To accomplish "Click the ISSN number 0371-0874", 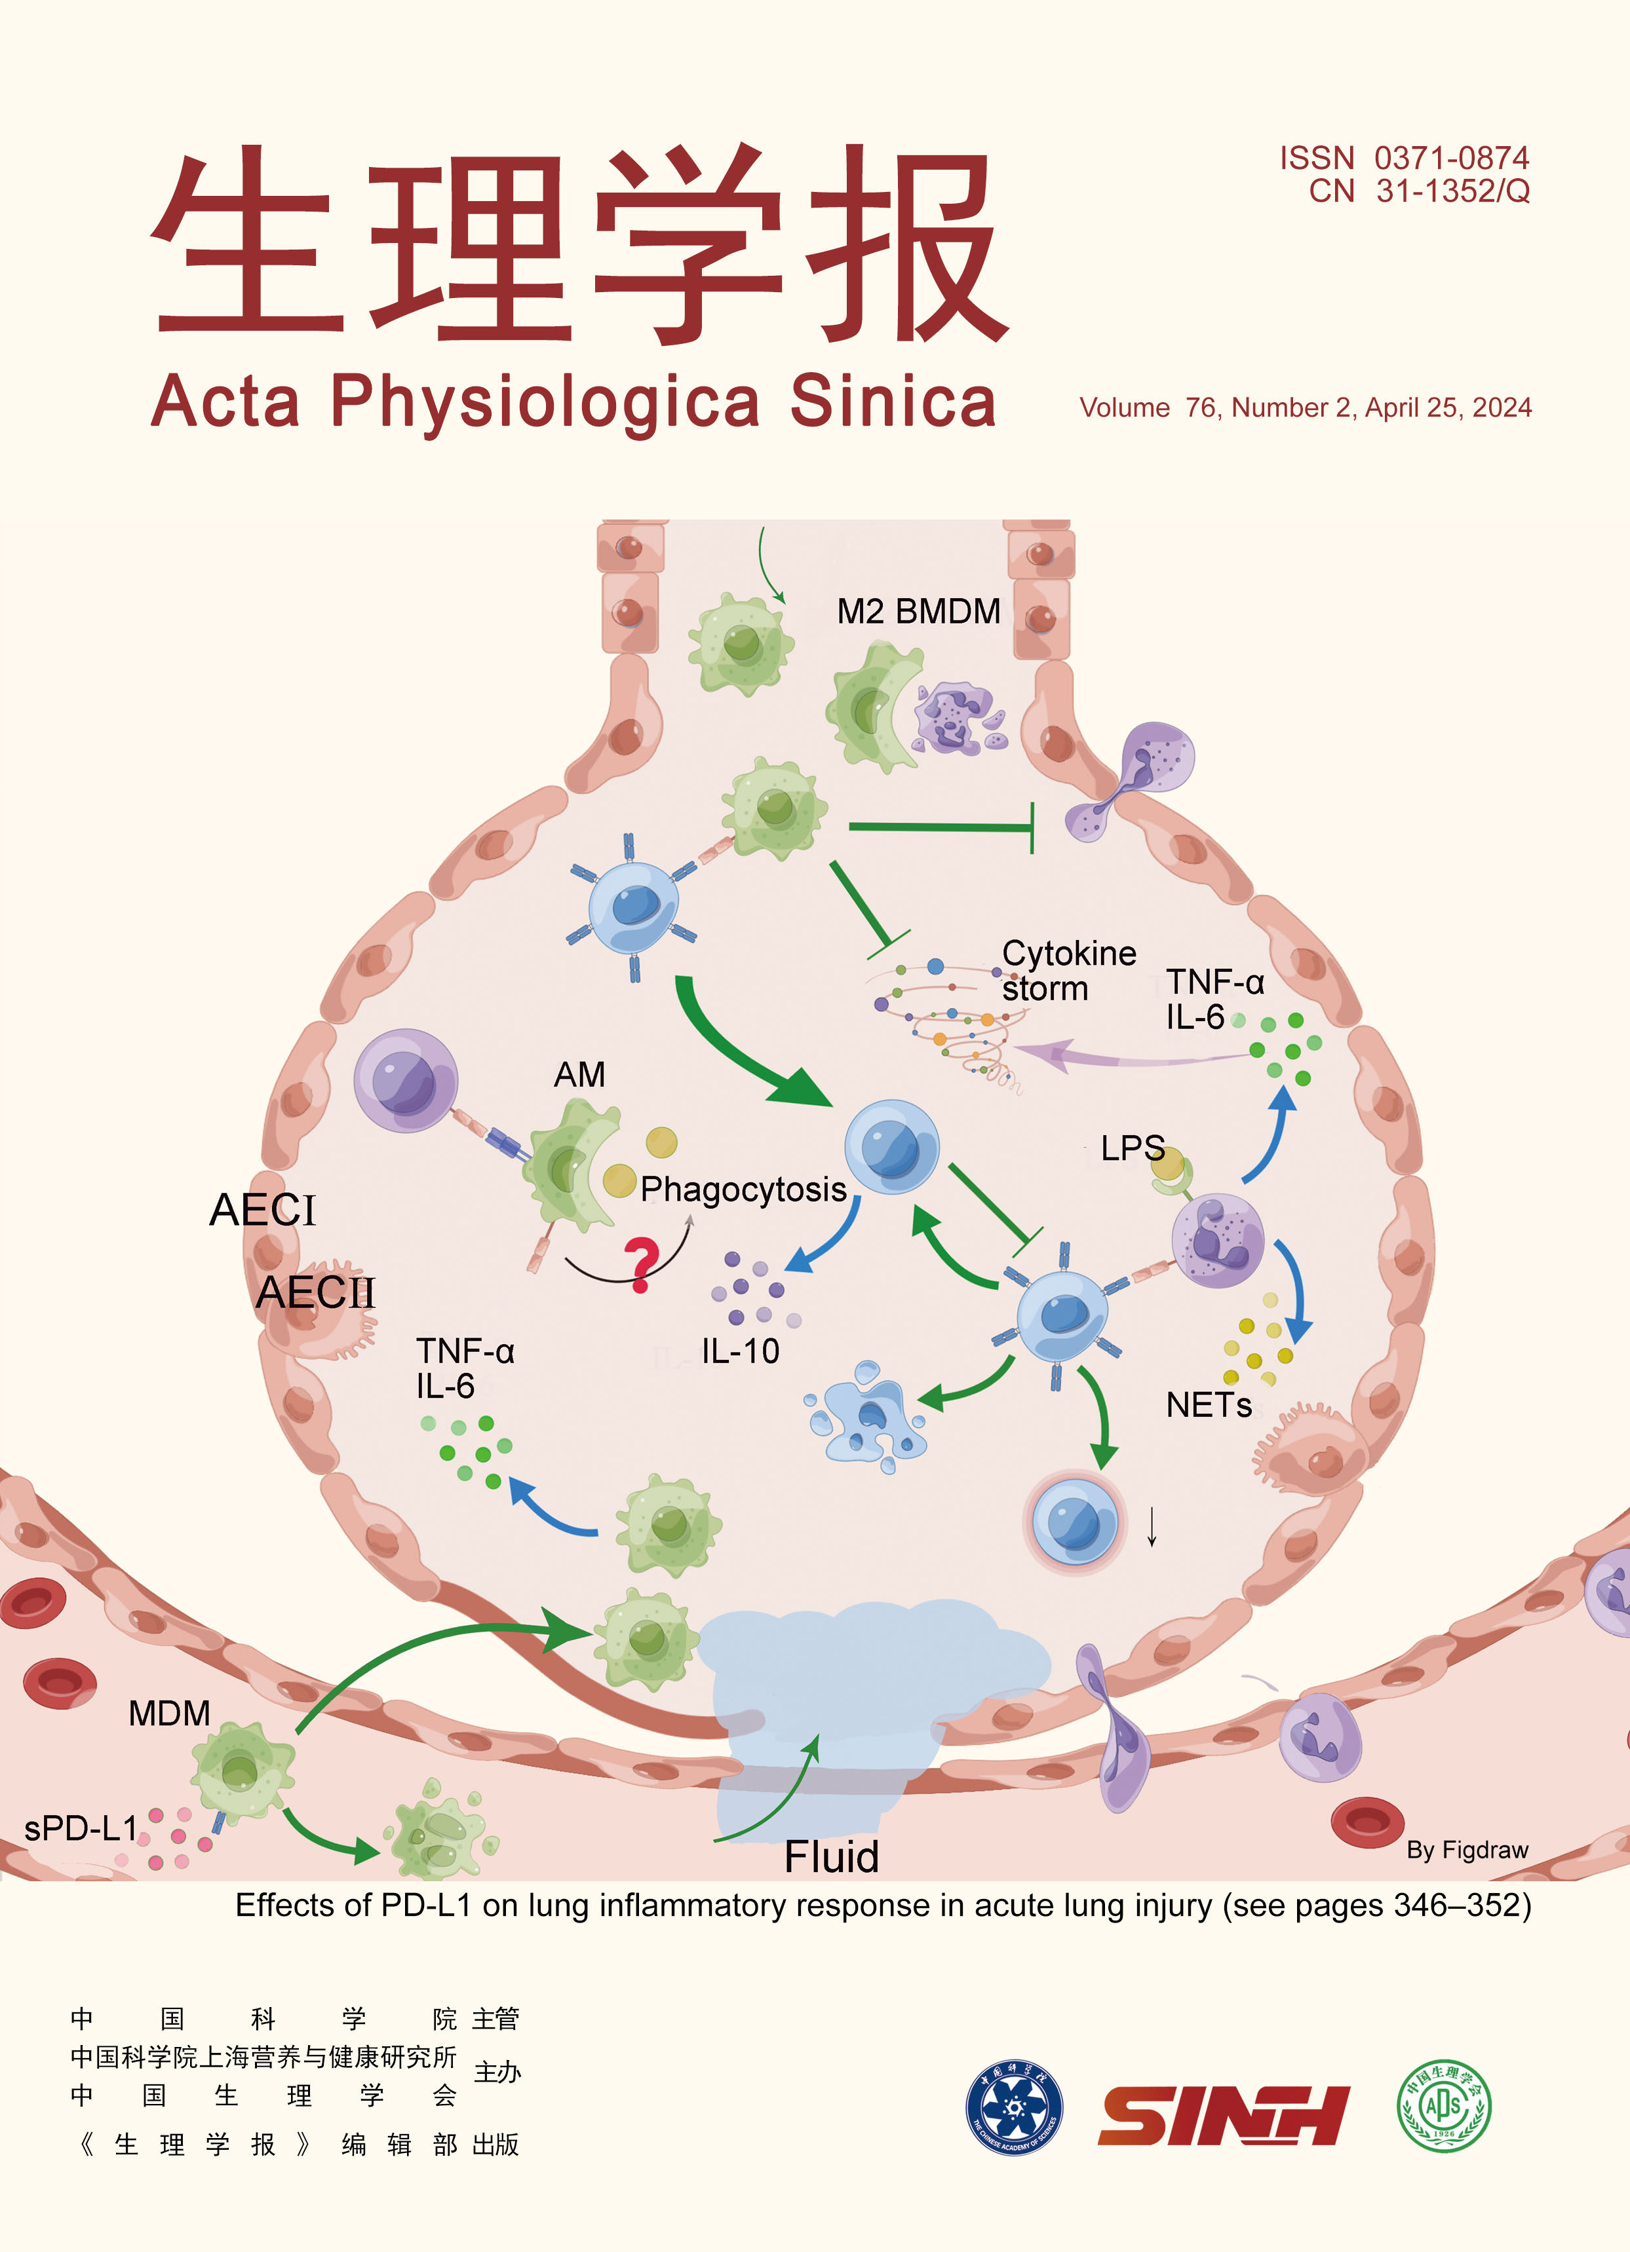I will (x=1450, y=158).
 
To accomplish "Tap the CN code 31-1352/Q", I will (x=1452, y=191).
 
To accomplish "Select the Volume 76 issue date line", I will (x=1305, y=408).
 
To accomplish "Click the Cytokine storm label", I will (x=1068, y=970).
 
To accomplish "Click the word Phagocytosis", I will (x=743, y=1188).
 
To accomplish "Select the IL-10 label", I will (x=740, y=1351).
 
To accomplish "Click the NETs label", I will (x=1208, y=1405).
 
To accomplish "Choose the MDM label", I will (x=169, y=1713).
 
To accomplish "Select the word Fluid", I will (x=832, y=1857).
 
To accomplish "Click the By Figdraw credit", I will (x=1466, y=1850).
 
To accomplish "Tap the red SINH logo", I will (x=1223, y=2116).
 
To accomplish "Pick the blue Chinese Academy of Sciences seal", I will (x=1014, y=2107).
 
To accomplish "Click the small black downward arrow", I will (x=1152, y=1526).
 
